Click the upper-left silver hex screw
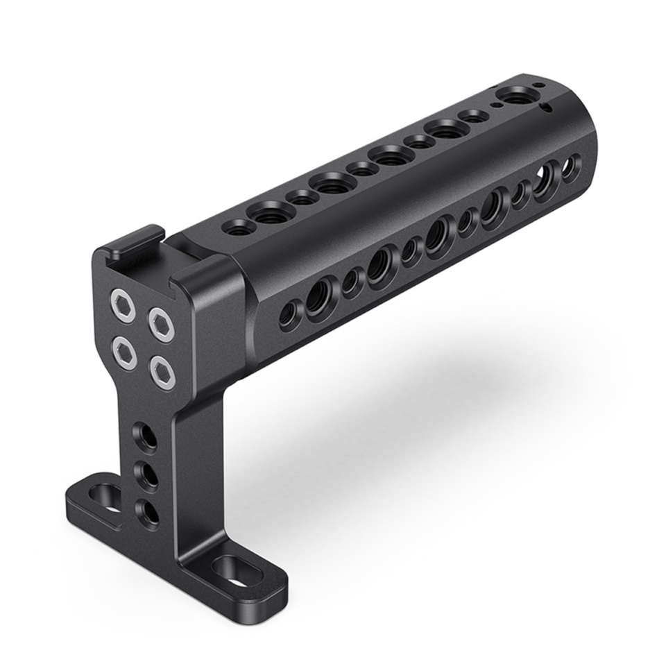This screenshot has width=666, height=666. click(123, 302)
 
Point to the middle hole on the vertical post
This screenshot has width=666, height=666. click(148, 475)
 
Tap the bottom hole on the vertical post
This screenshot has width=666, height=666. click(147, 511)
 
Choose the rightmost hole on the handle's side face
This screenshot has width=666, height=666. click(570, 169)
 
